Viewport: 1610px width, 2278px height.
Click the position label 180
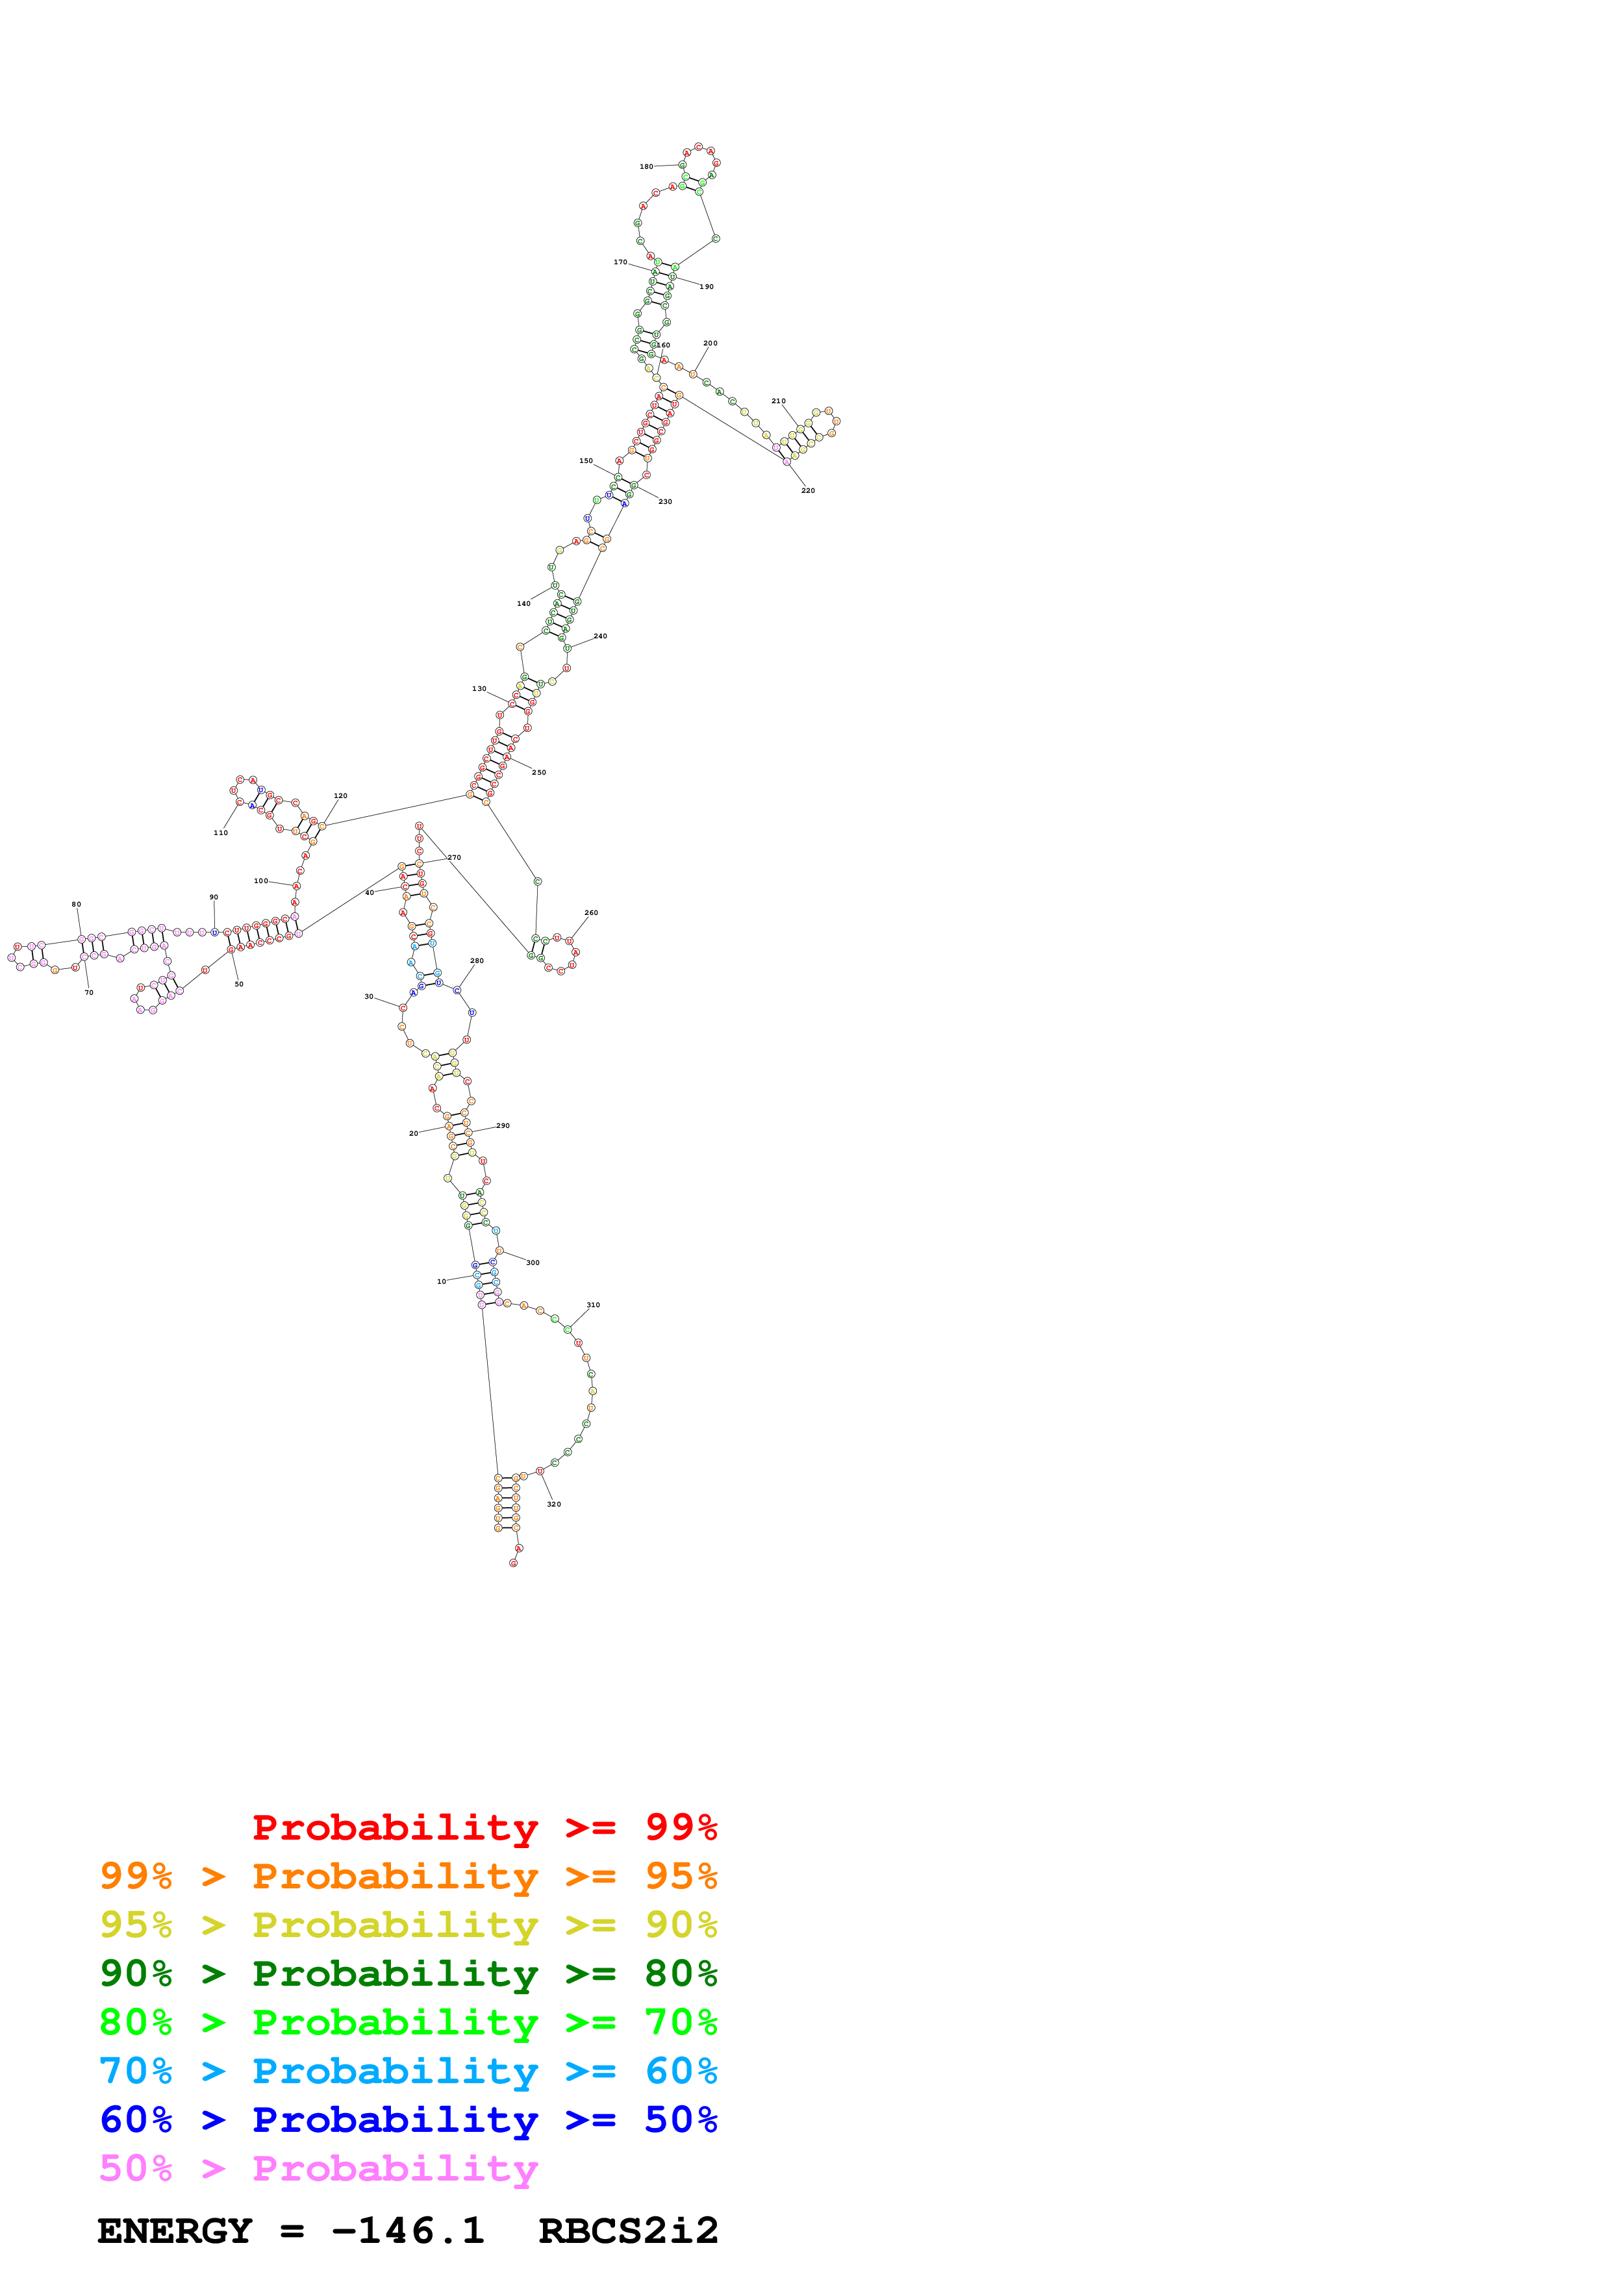tap(646, 167)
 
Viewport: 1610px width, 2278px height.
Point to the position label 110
tap(220, 832)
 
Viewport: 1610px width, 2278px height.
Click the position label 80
tap(77, 904)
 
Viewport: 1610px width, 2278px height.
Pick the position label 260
tap(590, 912)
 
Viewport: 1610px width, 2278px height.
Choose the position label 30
tap(368, 996)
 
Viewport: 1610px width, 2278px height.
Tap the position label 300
tap(533, 1262)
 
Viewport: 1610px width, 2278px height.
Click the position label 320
tap(553, 1504)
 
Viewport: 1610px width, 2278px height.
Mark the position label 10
tap(442, 1281)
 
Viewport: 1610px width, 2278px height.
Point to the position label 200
tap(711, 344)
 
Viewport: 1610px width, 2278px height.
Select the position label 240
tap(600, 636)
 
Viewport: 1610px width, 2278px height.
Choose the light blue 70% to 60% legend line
tap(408, 2071)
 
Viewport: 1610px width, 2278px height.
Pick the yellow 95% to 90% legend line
tap(408, 1925)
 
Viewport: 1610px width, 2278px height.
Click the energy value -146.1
tap(408, 2231)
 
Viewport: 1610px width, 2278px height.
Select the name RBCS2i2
tap(628, 2231)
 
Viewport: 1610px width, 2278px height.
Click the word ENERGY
tap(175, 2231)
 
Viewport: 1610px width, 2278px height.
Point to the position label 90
tap(213, 897)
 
